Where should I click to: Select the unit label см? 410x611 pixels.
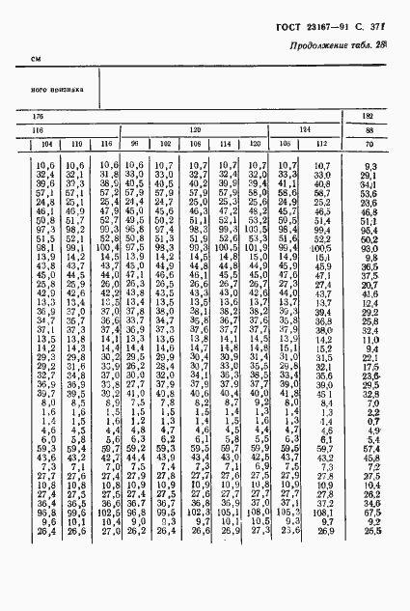click(36, 60)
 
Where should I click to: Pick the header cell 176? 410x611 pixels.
click(38, 116)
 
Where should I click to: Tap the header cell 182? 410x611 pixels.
click(369, 116)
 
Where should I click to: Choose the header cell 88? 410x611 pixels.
click(369, 129)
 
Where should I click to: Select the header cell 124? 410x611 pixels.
click(304, 129)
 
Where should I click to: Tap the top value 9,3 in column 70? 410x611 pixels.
click(369, 166)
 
